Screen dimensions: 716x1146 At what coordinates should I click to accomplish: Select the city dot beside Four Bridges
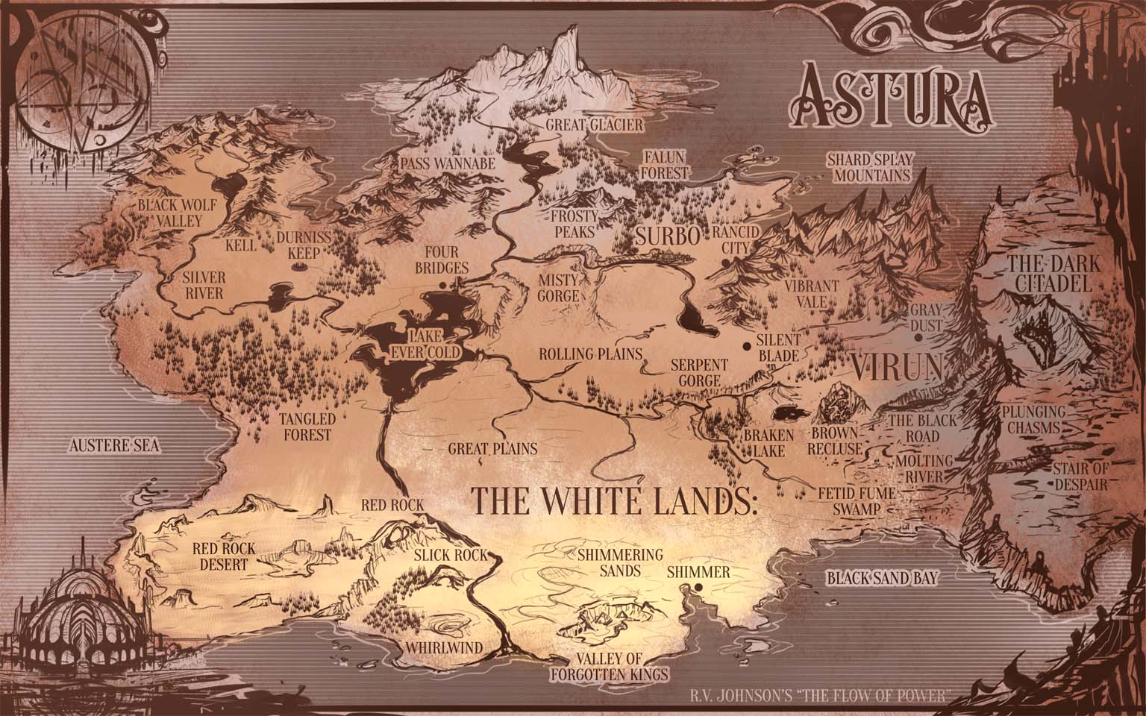pos(443,285)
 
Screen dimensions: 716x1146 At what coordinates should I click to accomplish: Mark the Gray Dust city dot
pos(918,337)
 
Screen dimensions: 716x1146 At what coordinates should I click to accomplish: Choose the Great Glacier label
pos(592,125)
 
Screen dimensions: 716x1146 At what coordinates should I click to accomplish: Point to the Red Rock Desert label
pos(224,556)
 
